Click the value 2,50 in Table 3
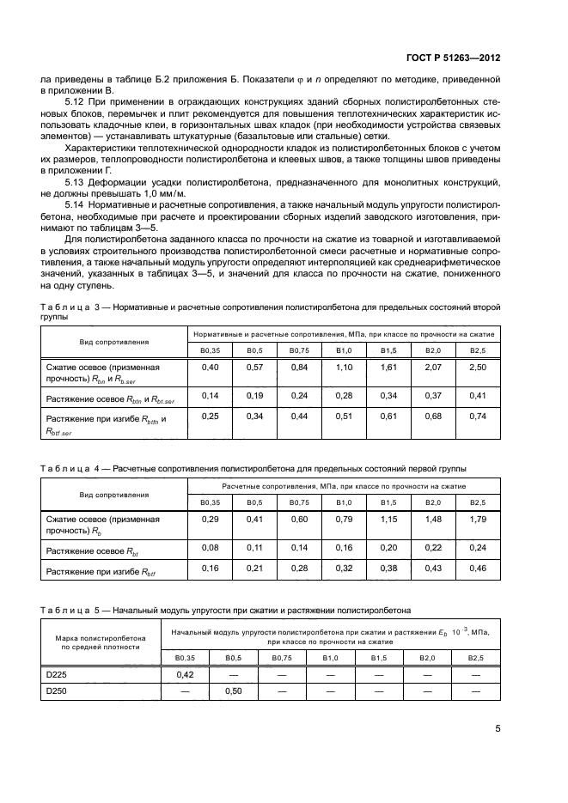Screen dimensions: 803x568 pyautogui.click(x=477, y=368)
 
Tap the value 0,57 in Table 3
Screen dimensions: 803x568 pyautogui.click(x=254, y=368)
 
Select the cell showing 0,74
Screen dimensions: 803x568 pyautogui.click(x=477, y=417)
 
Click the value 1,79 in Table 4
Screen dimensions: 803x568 pyautogui.click(x=477, y=519)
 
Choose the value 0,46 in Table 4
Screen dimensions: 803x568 pyautogui.click(x=477, y=568)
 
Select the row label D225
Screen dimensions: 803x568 pyautogui.click(x=56, y=675)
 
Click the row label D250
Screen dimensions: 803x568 pyautogui.click(x=56, y=690)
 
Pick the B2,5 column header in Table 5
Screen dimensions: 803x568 pyautogui.click(x=477, y=658)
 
